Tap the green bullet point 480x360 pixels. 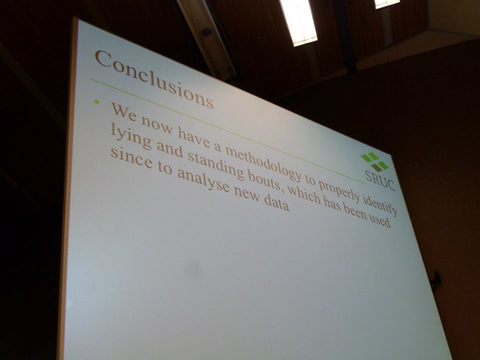coord(96,102)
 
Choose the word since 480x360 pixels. coord(131,158)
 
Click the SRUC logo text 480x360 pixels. coord(380,180)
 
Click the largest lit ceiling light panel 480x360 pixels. coord(298,22)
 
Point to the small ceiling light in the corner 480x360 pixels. coord(387,3)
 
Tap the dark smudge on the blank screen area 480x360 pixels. coord(193,269)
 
